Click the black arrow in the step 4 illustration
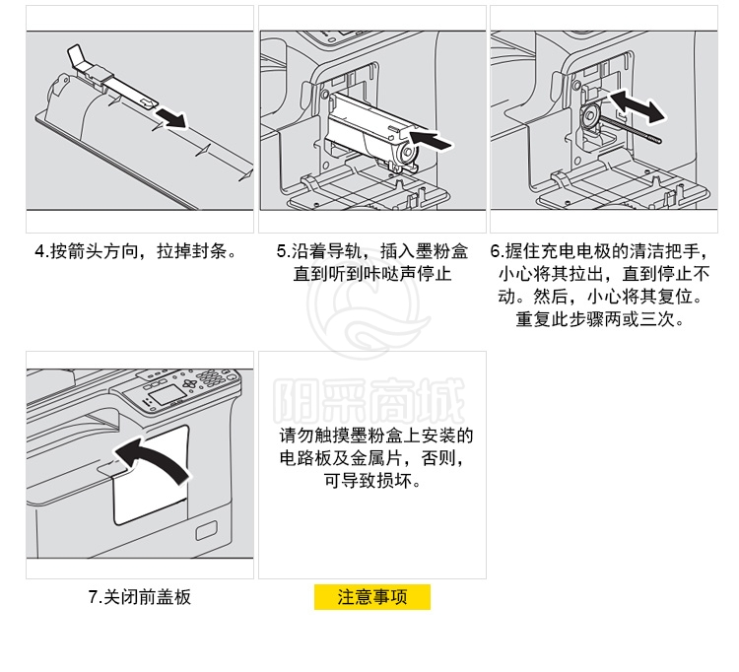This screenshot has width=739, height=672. (171, 118)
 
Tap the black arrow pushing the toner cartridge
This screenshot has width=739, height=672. (431, 140)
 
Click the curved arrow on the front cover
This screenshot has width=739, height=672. (153, 459)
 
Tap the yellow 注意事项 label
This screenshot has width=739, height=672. (372, 597)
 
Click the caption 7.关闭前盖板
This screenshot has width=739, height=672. (140, 597)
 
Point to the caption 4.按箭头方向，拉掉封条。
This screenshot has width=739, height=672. (137, 251)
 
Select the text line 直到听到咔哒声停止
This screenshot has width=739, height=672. (372, 274)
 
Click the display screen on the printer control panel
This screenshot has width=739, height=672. (166, 392)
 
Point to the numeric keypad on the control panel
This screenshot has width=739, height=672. (211, 376)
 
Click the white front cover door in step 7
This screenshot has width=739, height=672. (151, 475)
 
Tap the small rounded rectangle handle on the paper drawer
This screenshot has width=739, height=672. (207, 530)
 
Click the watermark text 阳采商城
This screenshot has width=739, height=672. (369, 401)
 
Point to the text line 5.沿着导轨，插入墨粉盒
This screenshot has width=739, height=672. (372, 251)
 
